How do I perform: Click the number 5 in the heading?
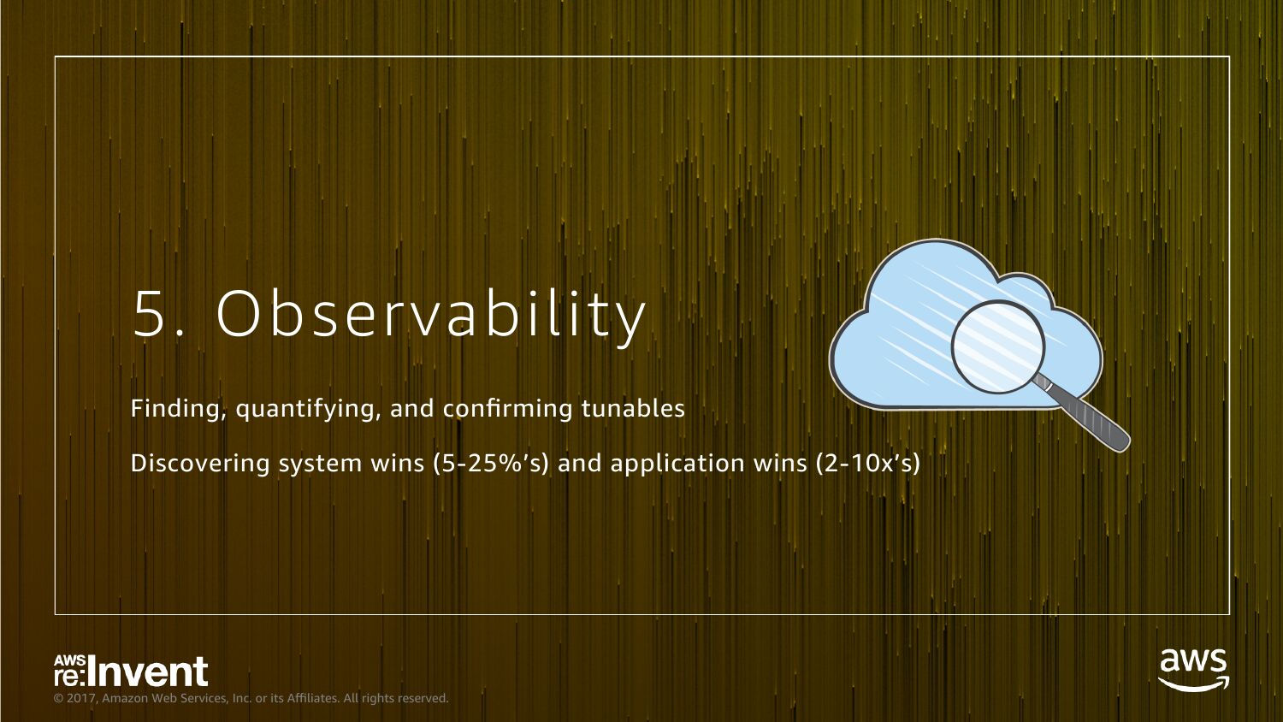[150, 313]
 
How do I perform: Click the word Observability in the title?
[431, 317]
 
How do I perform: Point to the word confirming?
[507, 409]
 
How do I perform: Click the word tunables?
[634, 409]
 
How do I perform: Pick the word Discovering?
[200, 464]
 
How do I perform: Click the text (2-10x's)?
[868, 464]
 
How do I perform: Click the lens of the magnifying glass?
[998, 347]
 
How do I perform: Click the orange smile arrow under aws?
[1194, 684]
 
